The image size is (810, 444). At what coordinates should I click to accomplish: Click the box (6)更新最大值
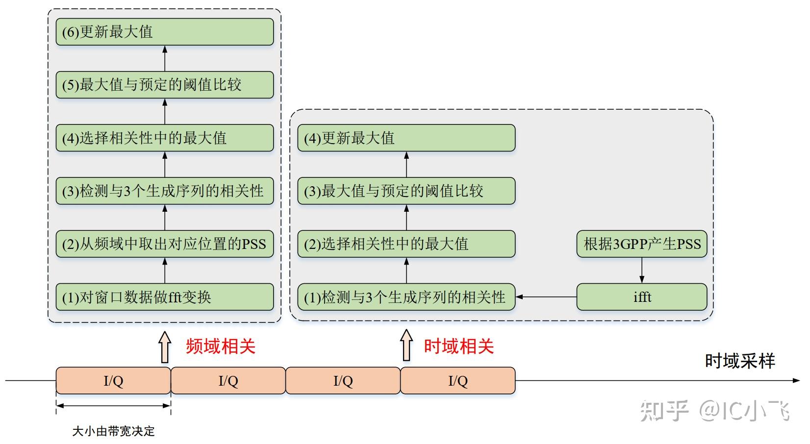[x=164, y=32]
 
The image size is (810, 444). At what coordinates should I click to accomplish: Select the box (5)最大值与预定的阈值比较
[x=164, y=85]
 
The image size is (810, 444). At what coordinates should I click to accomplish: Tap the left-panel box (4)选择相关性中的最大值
[x=164, y=138]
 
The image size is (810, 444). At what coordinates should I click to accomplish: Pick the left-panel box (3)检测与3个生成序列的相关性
[x=164, y=191]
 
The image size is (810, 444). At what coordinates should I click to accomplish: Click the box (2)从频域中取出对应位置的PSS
[x=164, y=244]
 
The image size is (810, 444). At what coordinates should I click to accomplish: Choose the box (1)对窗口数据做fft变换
[x=164, y=297]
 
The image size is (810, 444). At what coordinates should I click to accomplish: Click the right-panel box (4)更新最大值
[x=406, y=138]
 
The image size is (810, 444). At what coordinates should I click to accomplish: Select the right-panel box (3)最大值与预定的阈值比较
[x=406, y=191]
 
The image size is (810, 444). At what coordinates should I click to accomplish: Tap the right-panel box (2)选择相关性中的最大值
[x=406, y=244]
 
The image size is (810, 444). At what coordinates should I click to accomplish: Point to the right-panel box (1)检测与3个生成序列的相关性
[x=406, y=297]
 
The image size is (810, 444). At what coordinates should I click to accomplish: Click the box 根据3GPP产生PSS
[x=641, y=244]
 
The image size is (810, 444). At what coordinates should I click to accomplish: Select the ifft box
[x=641, y=297]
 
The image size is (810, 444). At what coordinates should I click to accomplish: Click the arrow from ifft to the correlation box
[x=546, y=297]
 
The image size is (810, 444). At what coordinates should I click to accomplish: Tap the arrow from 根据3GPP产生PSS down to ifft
[x=641, y=270]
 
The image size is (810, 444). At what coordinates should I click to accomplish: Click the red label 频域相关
[x=221, y=346]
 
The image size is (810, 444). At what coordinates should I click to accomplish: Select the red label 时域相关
[x=458, y=346]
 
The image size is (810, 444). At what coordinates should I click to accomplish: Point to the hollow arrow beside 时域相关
[x=406, y=345]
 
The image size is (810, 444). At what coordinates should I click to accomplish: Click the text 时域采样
[x=739, y=361]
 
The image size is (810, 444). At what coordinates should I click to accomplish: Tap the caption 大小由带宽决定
[x=113, y=431]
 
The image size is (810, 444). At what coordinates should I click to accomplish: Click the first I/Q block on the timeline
[x=113, y=381]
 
